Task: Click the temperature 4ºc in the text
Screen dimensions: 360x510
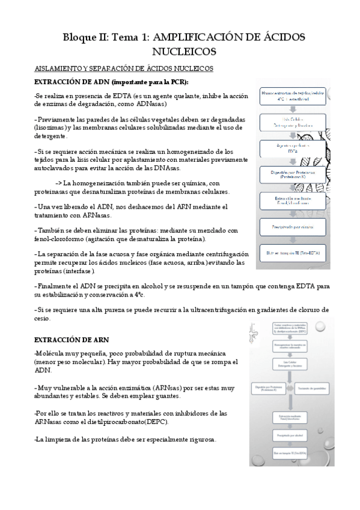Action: tap(136, 295)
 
